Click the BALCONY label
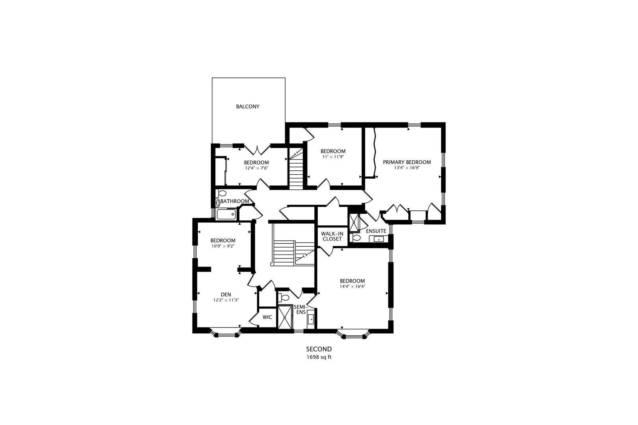248,106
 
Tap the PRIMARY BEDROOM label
407,162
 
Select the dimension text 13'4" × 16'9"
407,168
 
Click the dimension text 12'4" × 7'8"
256,168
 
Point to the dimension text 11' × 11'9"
333,157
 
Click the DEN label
226,294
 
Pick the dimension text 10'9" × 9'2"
223,246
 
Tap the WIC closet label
267,317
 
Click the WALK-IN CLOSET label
332,236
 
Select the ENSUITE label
376,231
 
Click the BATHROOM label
235,201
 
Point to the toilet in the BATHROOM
222,193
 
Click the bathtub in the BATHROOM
226,214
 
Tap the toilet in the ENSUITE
356,238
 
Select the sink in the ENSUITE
378,239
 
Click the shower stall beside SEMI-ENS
285,317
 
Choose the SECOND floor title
319,349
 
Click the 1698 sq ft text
319,357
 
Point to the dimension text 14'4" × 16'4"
352,286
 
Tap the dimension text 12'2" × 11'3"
226,300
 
